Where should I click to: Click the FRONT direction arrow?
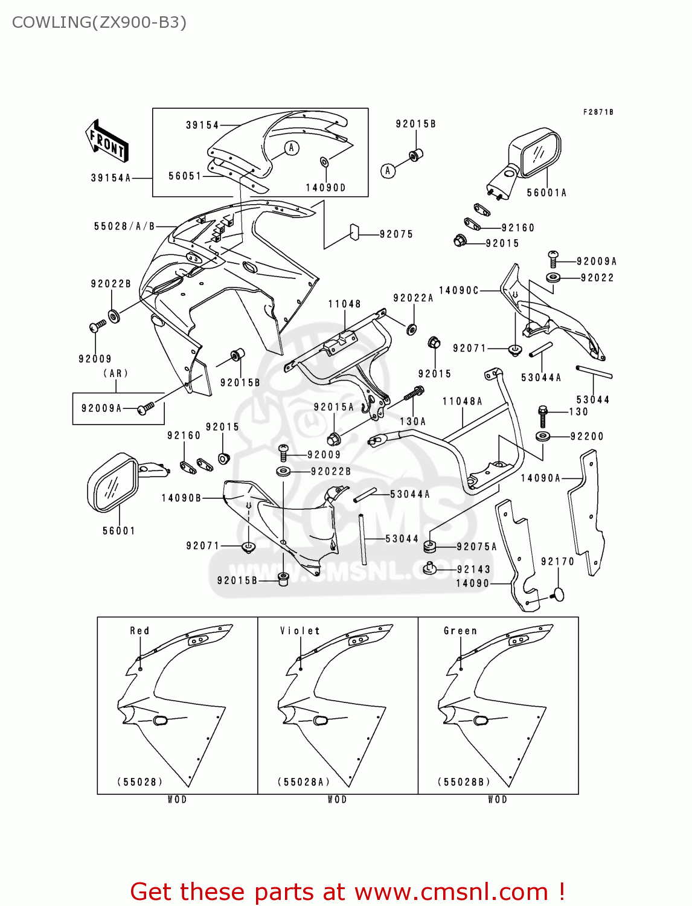click(107, 141)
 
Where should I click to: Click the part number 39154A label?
click(111, 178)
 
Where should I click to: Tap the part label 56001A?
click(546, 193)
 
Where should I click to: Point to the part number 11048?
click(344, 304)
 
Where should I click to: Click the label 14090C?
click(458, 291)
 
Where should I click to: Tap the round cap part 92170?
click(559, 594)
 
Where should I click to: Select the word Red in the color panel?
click(139, 631)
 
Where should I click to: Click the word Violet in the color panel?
click(300, 631)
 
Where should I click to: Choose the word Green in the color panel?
click(460, 631)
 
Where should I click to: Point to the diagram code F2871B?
click(598, 112)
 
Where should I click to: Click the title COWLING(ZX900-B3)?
click(99, 22)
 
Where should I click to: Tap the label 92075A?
click(476, 547)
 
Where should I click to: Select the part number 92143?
click(473, 570)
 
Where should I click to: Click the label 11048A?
click(462, 402)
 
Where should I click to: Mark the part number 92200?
click(586, 437)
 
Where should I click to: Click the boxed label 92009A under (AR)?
click(101, 409)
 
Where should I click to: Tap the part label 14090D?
click(325, 188)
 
